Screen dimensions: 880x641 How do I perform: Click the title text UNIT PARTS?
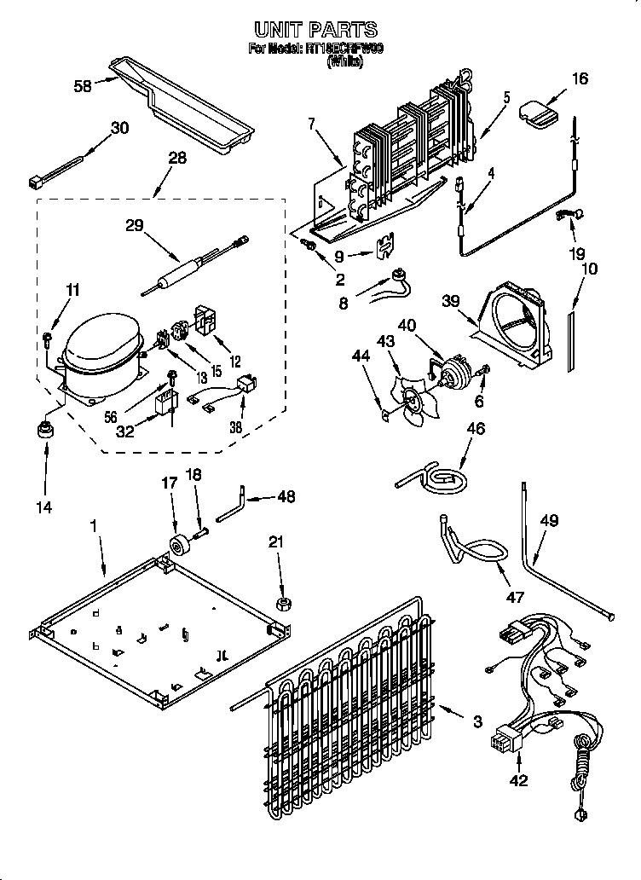[316, 32]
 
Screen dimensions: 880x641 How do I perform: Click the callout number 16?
[579, 79]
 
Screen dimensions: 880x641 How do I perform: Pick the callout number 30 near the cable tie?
[120, 128]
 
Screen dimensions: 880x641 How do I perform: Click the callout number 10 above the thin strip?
[589, 269]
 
